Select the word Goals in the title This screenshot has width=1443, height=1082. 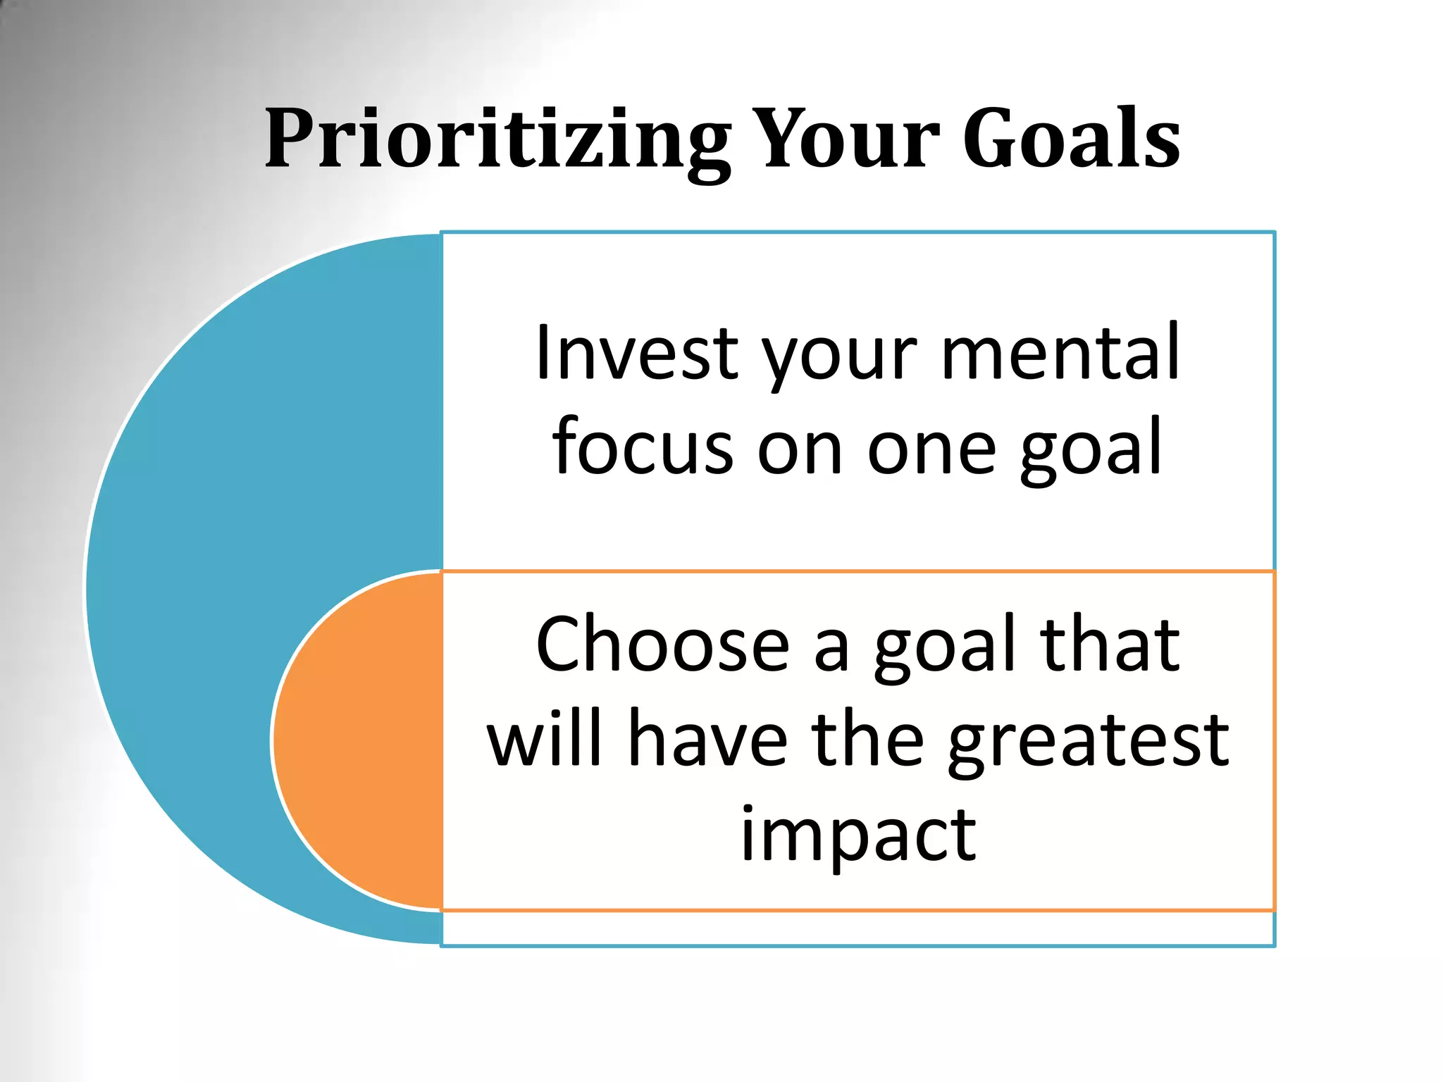click(1071, 139)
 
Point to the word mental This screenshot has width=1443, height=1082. click(1060, 352)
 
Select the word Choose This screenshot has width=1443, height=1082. click(662, 644)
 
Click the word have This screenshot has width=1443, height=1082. click(707, 739)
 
